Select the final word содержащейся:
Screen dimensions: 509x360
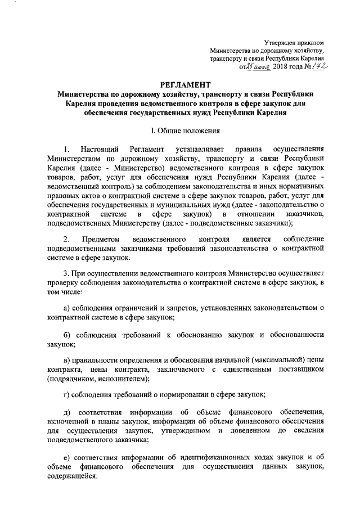[73, 475]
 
